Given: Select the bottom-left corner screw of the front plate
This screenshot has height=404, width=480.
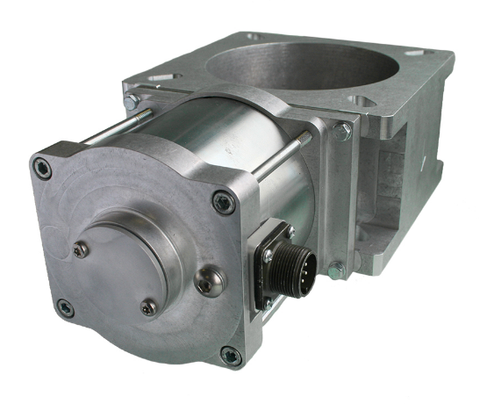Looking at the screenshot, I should [64, 307].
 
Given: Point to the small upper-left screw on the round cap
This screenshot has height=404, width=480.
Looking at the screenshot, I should [81, 250].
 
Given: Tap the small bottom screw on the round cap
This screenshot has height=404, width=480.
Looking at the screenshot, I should [149, 307].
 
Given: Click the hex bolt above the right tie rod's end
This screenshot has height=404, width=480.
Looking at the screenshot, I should [342, 132].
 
